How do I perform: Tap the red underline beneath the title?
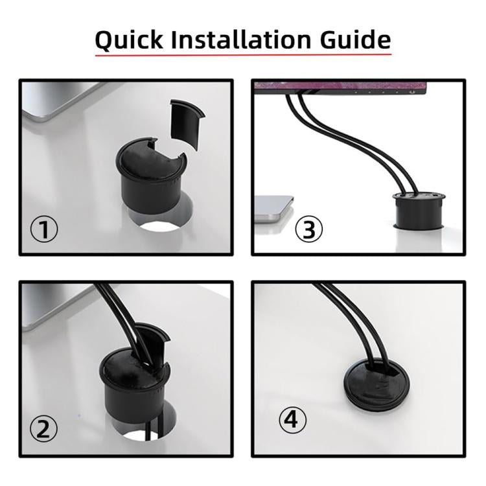[x=243, y=55]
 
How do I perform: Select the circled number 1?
[x=45, y=229]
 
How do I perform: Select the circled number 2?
[x=45, y=428]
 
